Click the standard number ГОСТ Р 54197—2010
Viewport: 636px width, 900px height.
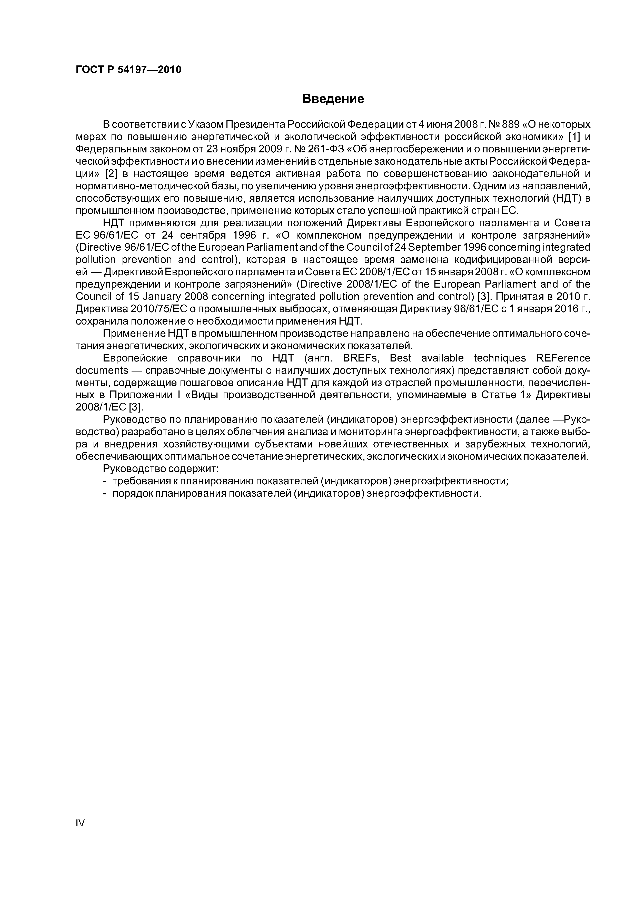[128, 70]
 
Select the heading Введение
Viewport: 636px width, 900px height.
[333, 99]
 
